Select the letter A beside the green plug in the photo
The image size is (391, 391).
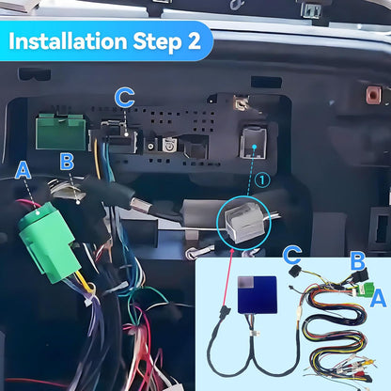pos(24,170)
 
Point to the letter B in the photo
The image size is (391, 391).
pos(67,162)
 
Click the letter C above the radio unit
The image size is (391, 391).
pos(125,97)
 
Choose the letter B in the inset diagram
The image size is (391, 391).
pos(357,260)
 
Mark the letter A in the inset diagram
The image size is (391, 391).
pos(378,298)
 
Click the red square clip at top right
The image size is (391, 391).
pos(373,94)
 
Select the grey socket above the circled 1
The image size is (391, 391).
pos(252,143)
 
